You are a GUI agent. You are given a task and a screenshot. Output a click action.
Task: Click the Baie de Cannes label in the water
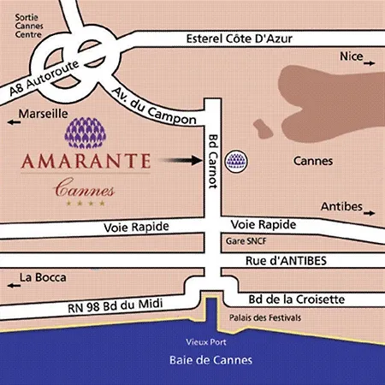pyautogui.click(x=200, y=352)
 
